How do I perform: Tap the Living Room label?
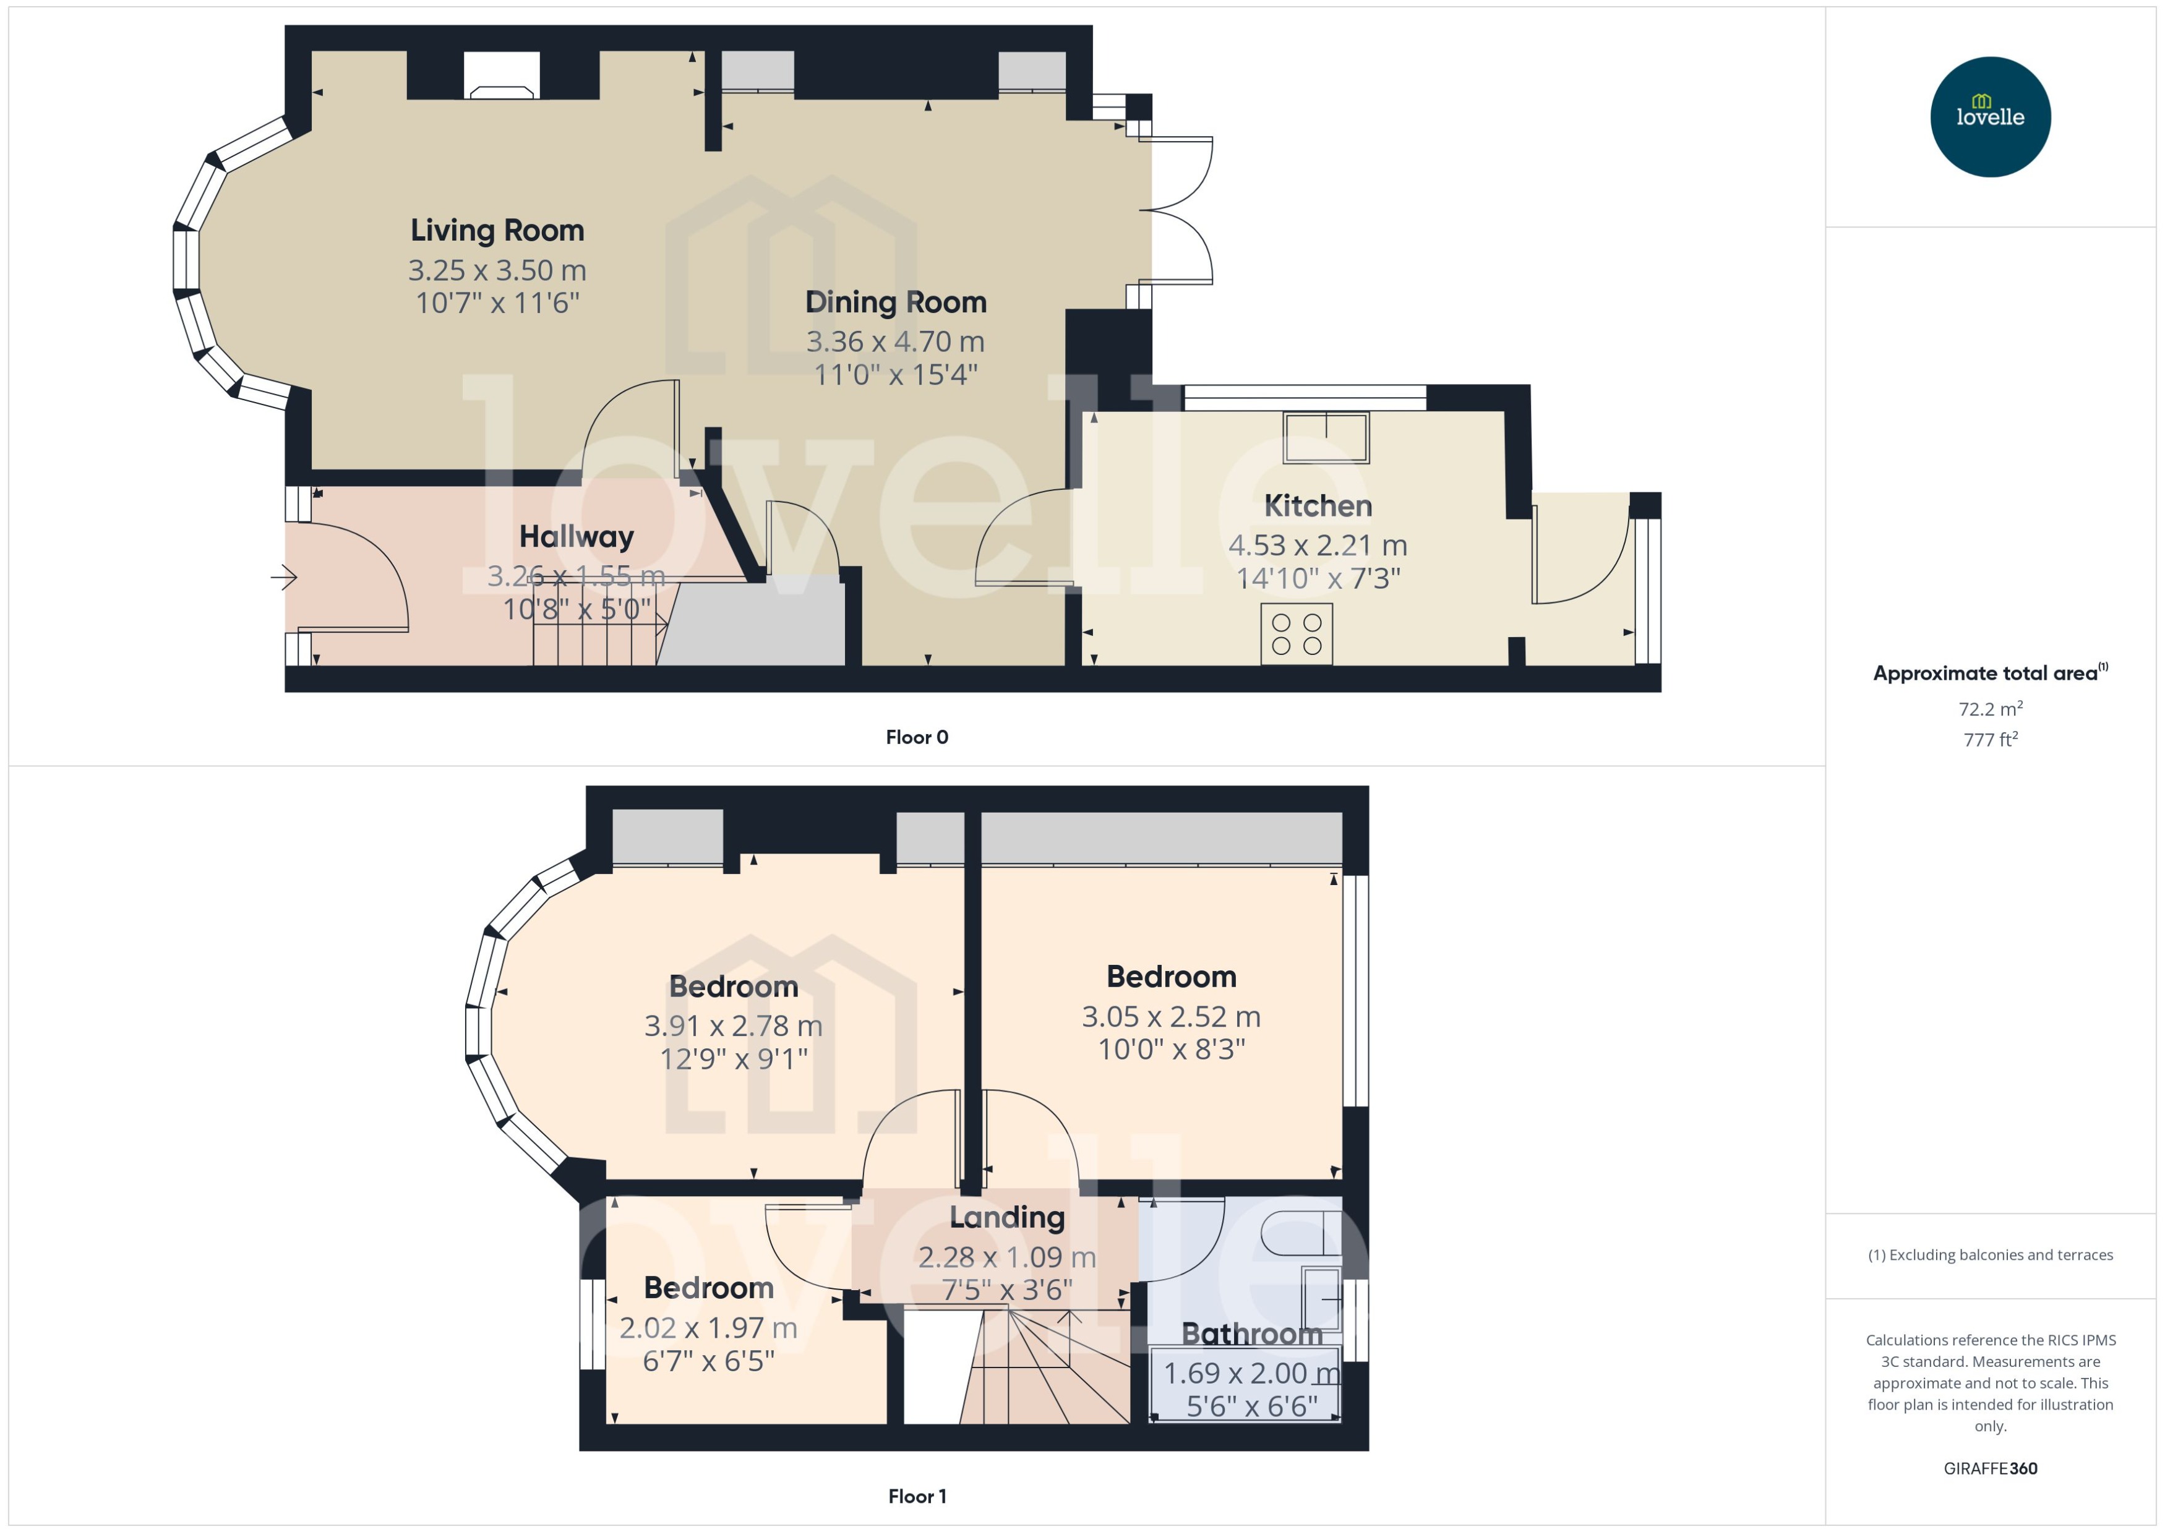pyautogui.click(x=497, y=230)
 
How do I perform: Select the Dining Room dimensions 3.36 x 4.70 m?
pyautogui.click(x=894, y=341)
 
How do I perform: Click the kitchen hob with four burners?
pyautogui.click(x=1296, y=634)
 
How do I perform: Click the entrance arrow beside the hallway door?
pyautogui.click(x=284, y=576)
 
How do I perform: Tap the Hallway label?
pyautogui.click(x=577, y=537)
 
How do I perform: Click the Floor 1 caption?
pyautogui.click(x=916, y=1496)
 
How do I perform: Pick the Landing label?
pyautogui.click(x=1006, y=1218)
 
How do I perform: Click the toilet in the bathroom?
pyautogui.click(x=1300, y=1233)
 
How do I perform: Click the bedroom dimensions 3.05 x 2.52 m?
pyautogui.click(x=1171, y=1017)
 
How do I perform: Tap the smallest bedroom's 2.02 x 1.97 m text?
pyautogui.click(x=708, y=1329)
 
